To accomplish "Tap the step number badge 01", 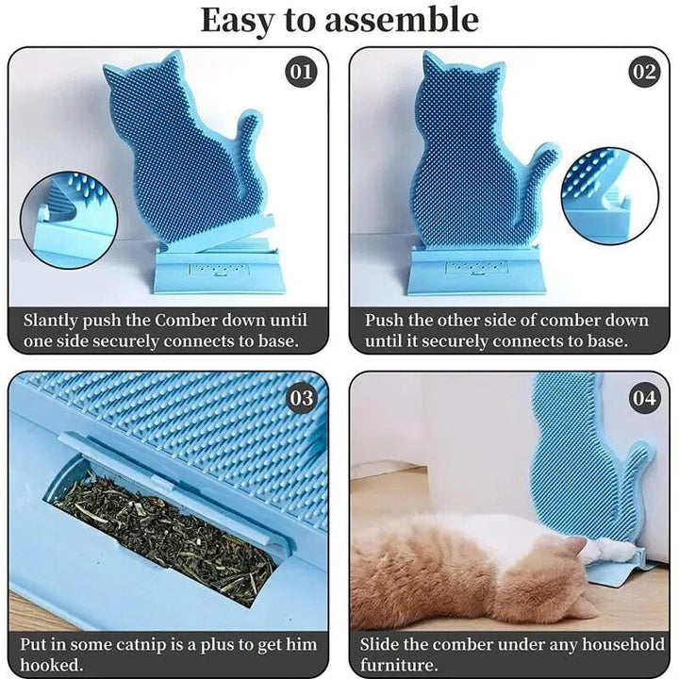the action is coord(301,72).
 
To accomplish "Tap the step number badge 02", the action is coord(644,72).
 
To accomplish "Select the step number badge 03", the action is coord(301,398).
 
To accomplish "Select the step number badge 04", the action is coord(644,398).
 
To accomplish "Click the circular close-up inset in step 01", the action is coord(69,221).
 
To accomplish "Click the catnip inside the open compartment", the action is coord(164,536).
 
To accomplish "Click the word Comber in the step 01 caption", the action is coord(187,321).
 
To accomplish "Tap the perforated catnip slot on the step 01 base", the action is coord(220,270).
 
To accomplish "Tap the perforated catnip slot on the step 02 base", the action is coord(476,268).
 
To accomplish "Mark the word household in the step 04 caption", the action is coord(622,644).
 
